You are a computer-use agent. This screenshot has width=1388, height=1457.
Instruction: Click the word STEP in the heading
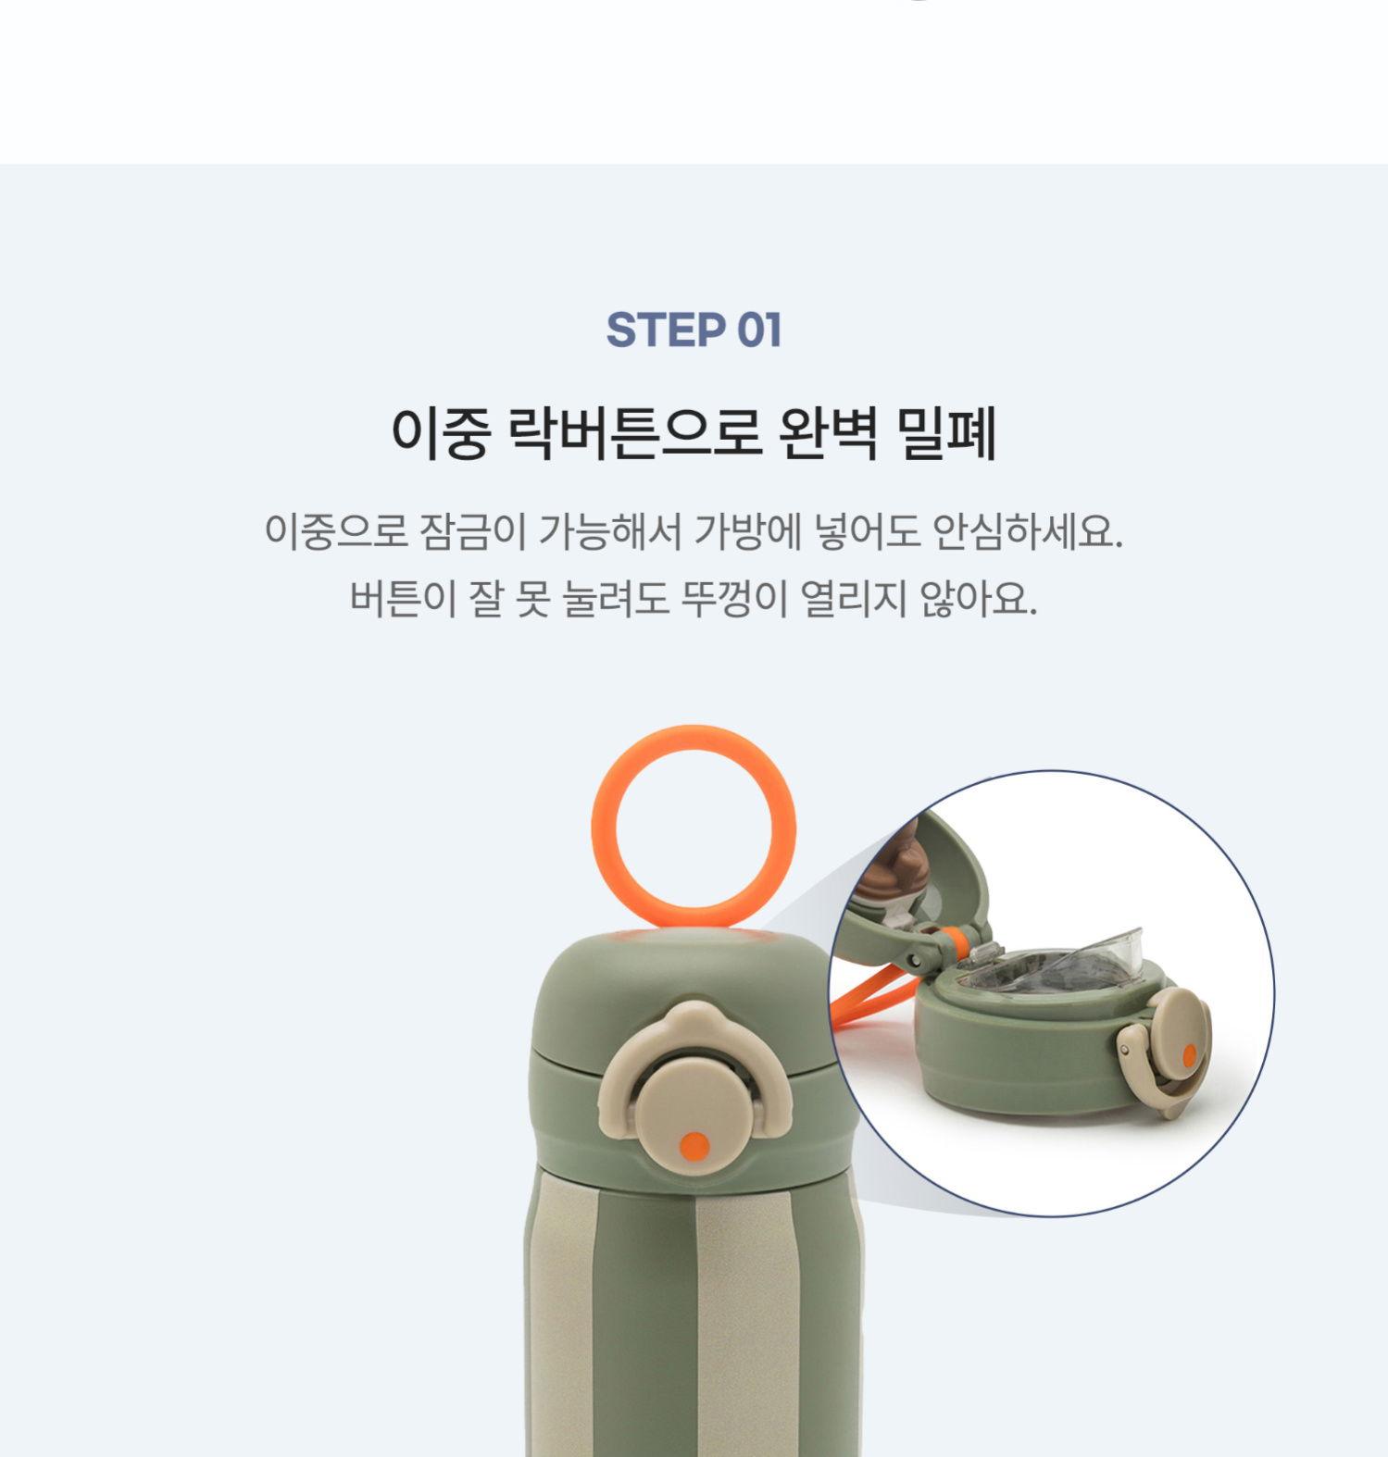tap(665, 330)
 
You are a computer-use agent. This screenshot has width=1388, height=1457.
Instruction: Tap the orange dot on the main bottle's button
tap(694, 1146)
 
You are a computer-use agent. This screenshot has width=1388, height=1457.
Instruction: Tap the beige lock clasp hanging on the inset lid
tap(1148, 1074)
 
